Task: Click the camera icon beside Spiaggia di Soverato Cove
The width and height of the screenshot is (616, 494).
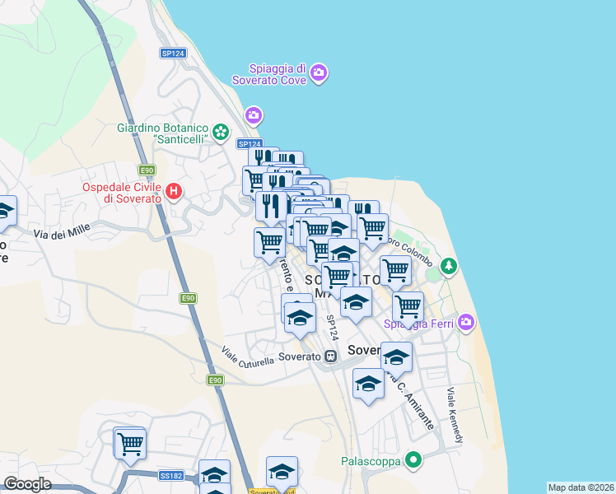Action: (x=319, y=74)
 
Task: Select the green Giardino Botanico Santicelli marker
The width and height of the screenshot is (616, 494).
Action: (x=220, y=132)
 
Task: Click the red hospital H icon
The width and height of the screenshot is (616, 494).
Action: (x=173, y=193)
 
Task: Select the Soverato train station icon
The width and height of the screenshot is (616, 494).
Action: (x=330, y=357)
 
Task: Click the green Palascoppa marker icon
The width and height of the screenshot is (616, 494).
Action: (x=413, y=460)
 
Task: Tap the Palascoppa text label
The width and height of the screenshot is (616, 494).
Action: (x=371, y=461)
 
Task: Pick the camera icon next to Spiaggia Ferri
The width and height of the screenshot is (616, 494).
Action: (x=467, y=321)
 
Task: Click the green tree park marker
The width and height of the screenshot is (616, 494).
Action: (x=448, y=266)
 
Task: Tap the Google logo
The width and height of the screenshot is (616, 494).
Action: (x=27, y=484)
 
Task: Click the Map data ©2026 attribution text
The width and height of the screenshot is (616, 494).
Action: (x=580, y=487)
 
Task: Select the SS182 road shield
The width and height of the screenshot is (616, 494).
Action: (x=171, y=475)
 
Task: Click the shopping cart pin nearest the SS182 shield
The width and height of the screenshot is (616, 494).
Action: (x=129, y=443)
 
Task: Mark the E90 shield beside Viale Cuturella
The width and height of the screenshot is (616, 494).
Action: (x=215, y=380)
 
